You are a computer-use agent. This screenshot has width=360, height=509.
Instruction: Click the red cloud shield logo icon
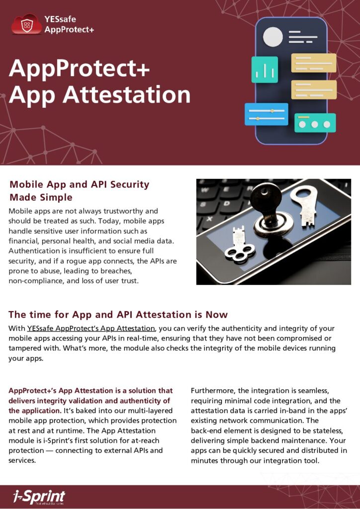pyautogui.click(x=27, y=24)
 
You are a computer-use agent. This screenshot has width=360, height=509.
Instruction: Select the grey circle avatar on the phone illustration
pyautogui.click(x=272, y=37)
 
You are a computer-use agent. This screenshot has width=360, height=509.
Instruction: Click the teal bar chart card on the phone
pyautogui.click(x=265, y=70)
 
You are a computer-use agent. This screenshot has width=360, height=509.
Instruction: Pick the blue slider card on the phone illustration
pyautogui.click(x=266, y=114)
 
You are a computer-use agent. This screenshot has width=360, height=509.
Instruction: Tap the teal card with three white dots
pyautogui.click(x=315, y=123)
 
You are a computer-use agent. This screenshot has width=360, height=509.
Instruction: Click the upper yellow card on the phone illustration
pyautogui.click(x=314, y=63)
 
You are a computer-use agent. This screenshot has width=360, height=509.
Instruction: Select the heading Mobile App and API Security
pyautogui.click(x=80, y=184)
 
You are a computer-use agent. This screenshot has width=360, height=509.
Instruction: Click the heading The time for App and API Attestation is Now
pyautogui.click(x=118, y=314)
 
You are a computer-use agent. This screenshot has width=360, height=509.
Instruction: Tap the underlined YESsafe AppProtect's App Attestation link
pyautogui.click(x=91, y=329)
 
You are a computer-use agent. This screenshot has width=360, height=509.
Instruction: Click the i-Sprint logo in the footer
pyautogui.click(x=39, y=496)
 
